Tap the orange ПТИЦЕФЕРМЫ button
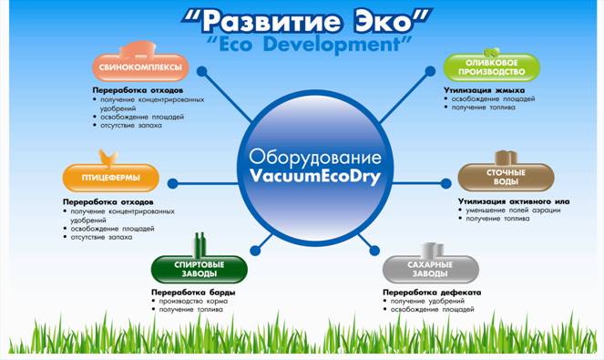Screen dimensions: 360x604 point(110,175)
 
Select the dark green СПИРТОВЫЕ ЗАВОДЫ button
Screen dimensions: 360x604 point(199,268)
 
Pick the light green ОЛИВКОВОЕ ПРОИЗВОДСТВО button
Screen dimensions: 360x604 point(491,66)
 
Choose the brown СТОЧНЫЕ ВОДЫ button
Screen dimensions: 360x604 point(505,175)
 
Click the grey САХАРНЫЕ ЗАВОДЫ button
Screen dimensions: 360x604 point(429,268)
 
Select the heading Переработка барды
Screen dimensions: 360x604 point(193,292)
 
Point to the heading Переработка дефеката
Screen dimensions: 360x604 point(431,292)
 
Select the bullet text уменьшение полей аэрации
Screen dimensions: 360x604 point(513,211)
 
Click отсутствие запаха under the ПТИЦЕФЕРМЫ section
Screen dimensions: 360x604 point(101,237)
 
